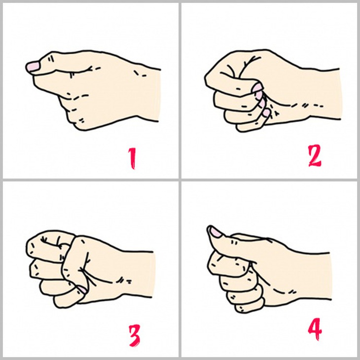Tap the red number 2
(x=314, y=156)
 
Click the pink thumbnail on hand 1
(x=33, y=66)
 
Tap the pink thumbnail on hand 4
(x=215, y=231)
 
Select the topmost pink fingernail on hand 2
(x=258, y=89)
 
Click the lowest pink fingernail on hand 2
(x=266, y=113)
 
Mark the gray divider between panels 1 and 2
(x=180, y=89)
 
